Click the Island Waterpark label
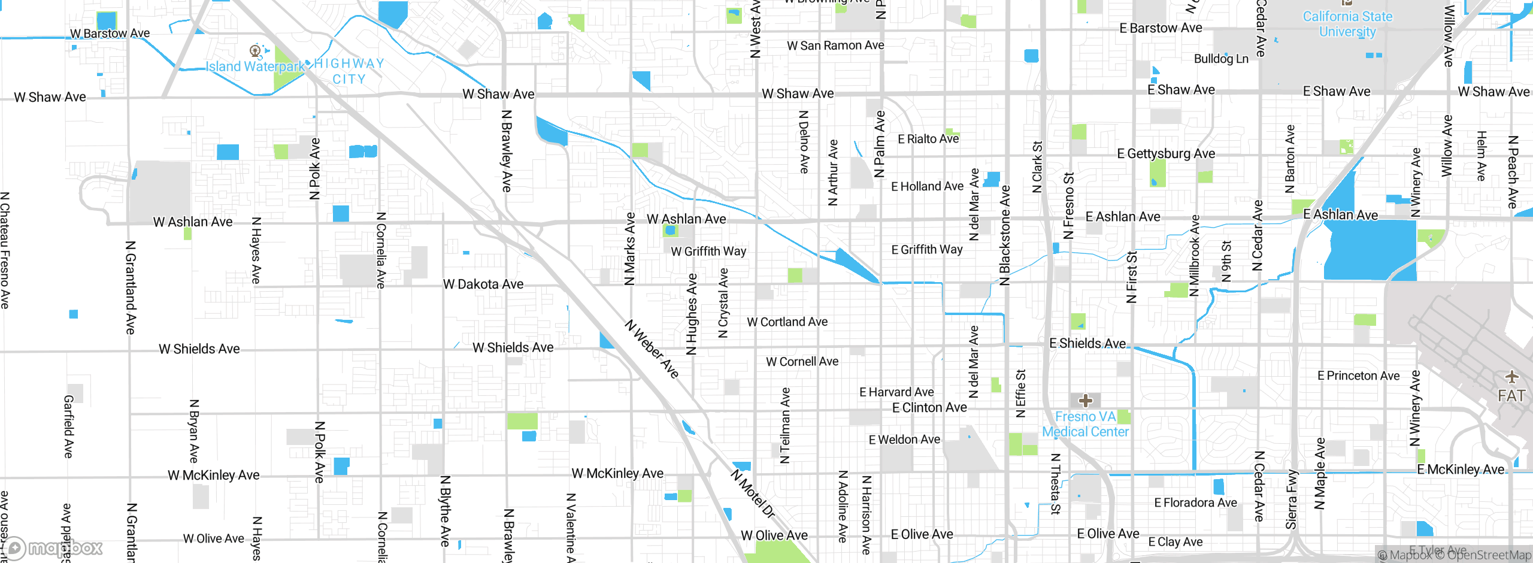pos(255,66)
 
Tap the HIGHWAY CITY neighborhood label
pos(349,71)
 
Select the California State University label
pos(1347,24)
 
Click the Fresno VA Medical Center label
pos(1085,424)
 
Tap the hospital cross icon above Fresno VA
pos(1086,400)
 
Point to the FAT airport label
pos(1511,396)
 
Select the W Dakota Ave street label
pos(483,284)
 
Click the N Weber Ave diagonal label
pos(652,349)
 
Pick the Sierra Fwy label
pos(1291,500)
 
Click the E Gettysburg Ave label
pos(1166,153)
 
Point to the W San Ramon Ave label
pos(835,46)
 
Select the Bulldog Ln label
pos(1221,59)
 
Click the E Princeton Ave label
pos(1358,376)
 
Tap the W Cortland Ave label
pos(787,322)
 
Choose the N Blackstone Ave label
pos(1005,236)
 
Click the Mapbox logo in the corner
pos(53,547)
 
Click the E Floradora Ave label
pos(1195,503)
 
